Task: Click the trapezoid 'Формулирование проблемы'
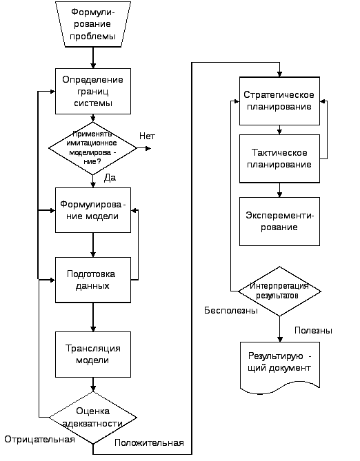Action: tap(93, 24)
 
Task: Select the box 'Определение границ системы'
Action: tap(93, 92)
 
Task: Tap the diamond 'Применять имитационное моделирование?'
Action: tap(92, 148)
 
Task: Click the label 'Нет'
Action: tap(147, 136)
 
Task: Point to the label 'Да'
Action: tap(110, 178)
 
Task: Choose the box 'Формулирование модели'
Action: tap(93, 210)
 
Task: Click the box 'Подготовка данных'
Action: tap(93, 280)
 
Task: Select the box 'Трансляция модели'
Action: tap(93, 355)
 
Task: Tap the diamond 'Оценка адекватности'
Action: tap(93, 418)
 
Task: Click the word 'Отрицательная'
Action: tap(39, 439)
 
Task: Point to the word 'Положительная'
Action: tap(149, 443)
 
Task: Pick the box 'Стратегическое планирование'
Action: tap(279, 101)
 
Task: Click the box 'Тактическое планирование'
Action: tap(279, 158)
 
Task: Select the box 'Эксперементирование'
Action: tap(279, 221)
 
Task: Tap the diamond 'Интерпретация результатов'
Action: tap(279, 291)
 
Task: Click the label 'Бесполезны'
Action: tap(231, 311)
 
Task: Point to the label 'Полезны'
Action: tap(314, 331)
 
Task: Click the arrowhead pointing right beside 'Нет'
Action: tap(148, 148)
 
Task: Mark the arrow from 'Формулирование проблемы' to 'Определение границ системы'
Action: tap(93, 58)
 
